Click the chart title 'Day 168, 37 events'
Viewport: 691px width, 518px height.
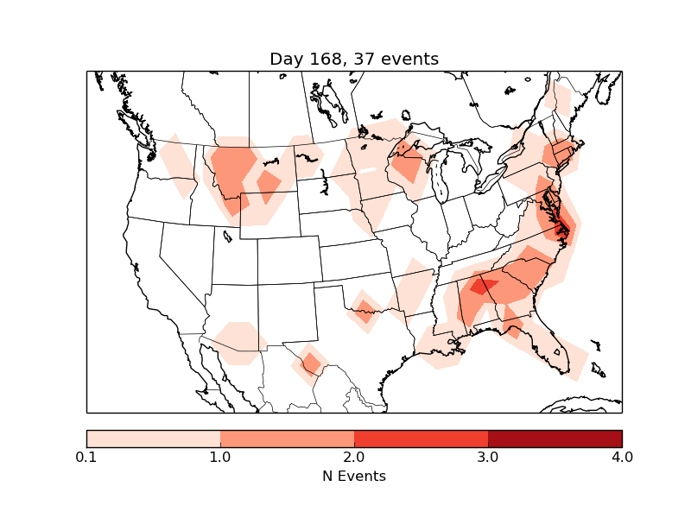click(354, 59)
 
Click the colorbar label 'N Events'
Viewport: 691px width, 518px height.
click(354, 476)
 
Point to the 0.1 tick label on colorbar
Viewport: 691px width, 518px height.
click(86, 457)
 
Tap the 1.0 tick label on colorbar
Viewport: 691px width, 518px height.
click(220, 457)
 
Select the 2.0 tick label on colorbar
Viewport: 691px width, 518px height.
click(354, 457)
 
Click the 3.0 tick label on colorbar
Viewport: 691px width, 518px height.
click(488, 457)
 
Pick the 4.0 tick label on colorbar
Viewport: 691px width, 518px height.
click(622, 457)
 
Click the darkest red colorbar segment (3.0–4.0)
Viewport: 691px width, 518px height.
click(555, 439)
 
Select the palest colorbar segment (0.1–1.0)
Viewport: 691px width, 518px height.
click(153, 439)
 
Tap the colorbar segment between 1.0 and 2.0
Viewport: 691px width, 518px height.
click(287, 439)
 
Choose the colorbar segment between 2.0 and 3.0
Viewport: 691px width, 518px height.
click(421, 439)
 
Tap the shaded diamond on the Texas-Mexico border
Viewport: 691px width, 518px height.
click(310, 363)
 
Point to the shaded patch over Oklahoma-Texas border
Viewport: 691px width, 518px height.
click(365, 307)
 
